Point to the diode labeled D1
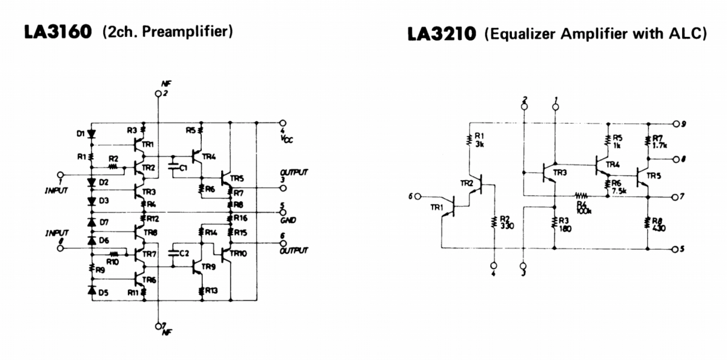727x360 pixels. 91,133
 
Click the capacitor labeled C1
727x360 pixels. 174,165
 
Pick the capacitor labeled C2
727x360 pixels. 174,252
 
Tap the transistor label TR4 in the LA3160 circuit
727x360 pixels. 209,156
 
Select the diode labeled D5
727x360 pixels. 91,292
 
